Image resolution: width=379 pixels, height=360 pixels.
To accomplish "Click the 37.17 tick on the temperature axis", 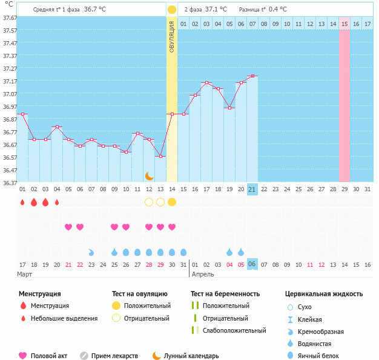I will point(8,81).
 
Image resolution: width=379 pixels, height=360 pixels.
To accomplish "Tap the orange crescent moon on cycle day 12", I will point(149,176).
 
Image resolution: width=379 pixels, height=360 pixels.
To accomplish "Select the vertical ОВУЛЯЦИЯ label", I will point(172,36).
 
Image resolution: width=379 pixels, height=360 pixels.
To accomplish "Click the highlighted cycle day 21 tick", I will point(252,189).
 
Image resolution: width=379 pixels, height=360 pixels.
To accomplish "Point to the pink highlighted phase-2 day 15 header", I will point(344,24).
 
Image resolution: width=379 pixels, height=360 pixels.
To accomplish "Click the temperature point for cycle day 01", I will point(23,114).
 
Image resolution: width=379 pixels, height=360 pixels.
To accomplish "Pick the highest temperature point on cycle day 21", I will point(252,76).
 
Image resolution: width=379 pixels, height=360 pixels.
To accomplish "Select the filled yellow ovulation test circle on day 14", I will point(172,202).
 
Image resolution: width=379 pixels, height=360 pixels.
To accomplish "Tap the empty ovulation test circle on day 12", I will point(149,202).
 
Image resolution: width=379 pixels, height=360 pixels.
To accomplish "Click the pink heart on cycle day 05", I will point(68,227).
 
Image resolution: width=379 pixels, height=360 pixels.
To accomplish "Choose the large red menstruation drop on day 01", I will point(23,202).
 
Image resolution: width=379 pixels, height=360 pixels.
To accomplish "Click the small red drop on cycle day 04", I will point(57,202).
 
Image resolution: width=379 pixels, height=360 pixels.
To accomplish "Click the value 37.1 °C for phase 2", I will point(217,9).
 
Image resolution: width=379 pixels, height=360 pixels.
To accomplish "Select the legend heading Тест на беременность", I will point(225,293).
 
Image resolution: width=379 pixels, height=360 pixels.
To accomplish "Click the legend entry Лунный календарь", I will point(192,356).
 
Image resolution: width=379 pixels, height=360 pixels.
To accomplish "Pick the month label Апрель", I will point(203,274).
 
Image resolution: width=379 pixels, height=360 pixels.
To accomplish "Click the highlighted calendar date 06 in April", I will point(252,264).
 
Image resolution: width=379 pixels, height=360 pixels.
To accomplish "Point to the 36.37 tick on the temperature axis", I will point(8,183).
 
